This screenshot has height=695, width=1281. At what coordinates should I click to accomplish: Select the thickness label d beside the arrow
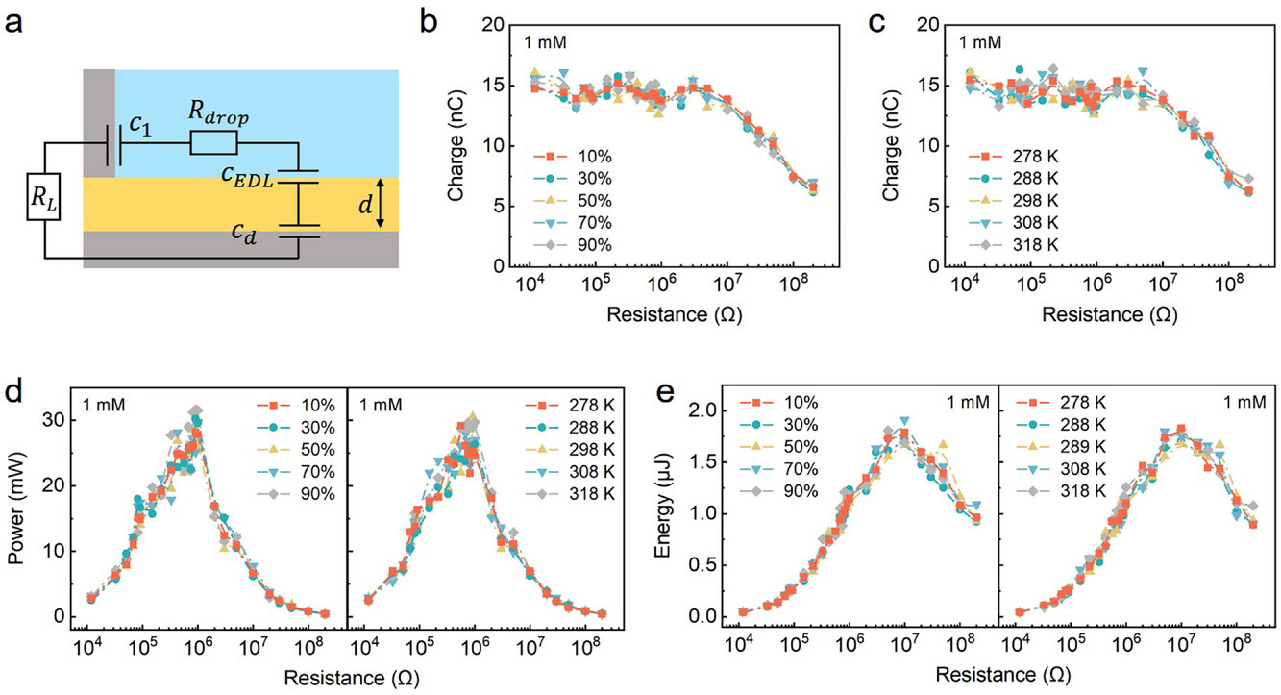click(349, 202)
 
